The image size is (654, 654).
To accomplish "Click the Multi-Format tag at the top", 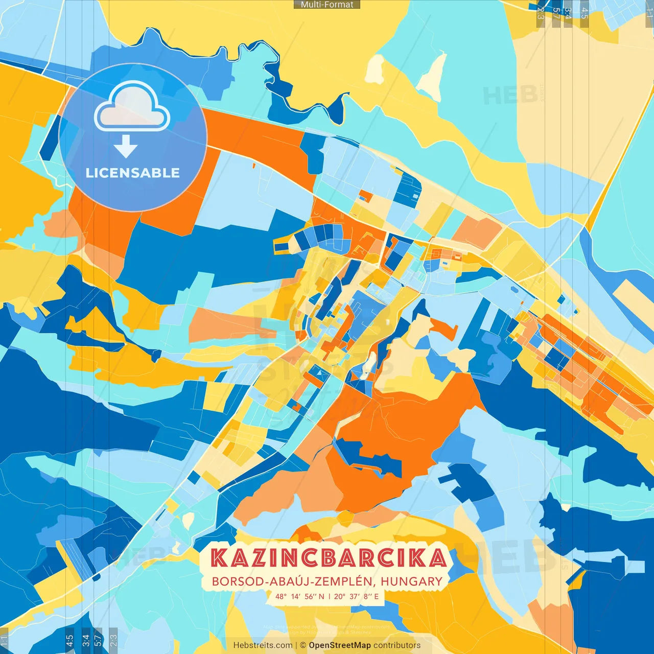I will (x=327, y=5).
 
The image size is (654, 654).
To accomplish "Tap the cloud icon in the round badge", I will (x=132, y=106).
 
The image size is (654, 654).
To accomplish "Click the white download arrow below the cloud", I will (x=126, y=147).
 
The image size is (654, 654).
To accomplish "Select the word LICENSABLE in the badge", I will (x=132, y=173).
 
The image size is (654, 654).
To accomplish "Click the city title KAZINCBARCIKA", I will (x=329, y=558).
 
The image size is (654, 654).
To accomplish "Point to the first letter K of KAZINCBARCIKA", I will (x=219, y=558).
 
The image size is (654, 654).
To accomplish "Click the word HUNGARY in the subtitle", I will (x=411, y=581).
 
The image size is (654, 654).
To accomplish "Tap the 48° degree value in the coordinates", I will (x=281, y=596).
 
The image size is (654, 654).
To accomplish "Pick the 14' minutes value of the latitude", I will (x=296, y=596).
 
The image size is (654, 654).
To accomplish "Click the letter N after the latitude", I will (x=321, y=596).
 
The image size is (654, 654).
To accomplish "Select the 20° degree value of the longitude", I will (x=340, y=596).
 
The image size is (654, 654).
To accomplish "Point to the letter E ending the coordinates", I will (x=377, y=596).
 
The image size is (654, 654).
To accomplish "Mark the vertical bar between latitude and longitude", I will (x=330, y=596).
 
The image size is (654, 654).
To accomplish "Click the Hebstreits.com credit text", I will (x=263, y=645).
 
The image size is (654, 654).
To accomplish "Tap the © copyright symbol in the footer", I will (x=303, y=645).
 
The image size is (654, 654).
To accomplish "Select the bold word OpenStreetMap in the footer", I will (x=339, y=645).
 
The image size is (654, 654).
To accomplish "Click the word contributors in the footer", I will (x=397, y=645).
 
